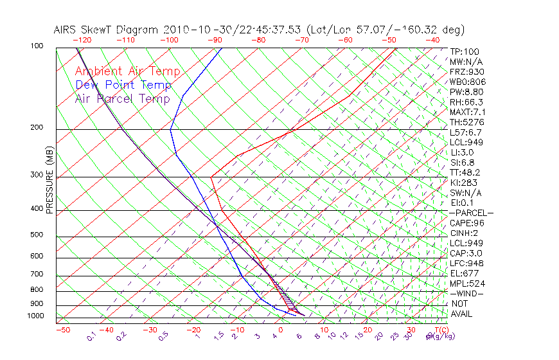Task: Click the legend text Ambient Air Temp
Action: click(x=127, y=71)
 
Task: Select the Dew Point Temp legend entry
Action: click(x=123, y=85)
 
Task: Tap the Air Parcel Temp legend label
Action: click(x=122, y=98)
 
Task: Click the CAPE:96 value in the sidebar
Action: click(x=466, y=223)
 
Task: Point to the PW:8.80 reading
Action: click(x=466, y=92)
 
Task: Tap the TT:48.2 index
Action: click(x=465, y=172)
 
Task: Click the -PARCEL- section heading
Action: click(x=471, y=213)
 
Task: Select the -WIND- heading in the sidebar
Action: click(x=466, y=293)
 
